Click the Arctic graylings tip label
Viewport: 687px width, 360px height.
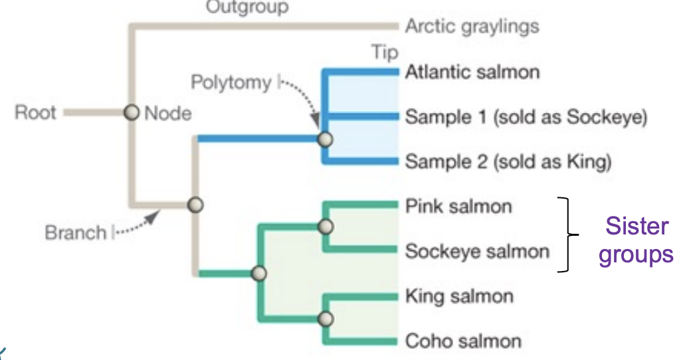(472, 27)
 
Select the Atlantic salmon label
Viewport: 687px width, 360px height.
(472, 72)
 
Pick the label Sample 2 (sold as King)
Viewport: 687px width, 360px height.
(508, 161)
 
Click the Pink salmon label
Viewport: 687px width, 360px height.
(458, 207)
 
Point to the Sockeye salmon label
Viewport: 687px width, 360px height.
(477, 252)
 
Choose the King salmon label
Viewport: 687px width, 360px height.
(459, 296)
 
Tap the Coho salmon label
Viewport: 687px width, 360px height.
(463, 341)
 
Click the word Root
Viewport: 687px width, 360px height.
(37, 112)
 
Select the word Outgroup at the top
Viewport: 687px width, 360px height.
(246, 7)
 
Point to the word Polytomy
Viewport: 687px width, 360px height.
(231, 83)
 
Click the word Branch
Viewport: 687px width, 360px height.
(76, 233)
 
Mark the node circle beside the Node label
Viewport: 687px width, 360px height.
(132, 113)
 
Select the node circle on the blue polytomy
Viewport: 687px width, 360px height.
(324, 140)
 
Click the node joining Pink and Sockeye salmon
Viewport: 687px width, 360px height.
(324, 227)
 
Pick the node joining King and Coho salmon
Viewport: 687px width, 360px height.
(324, 319)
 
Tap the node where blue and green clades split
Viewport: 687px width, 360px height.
(195, 205)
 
